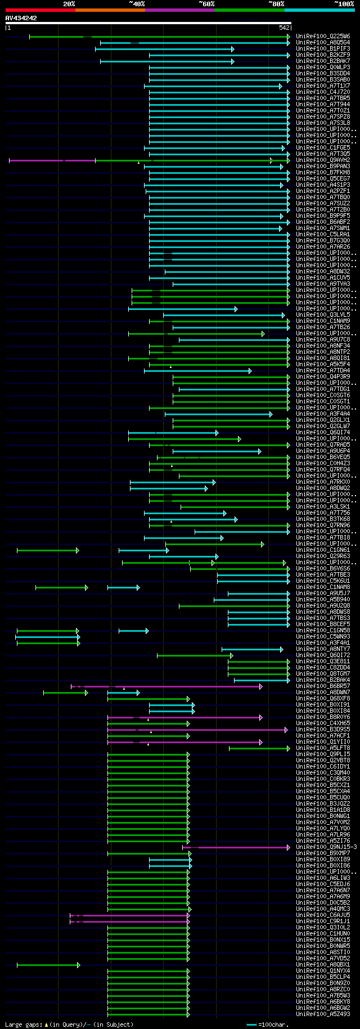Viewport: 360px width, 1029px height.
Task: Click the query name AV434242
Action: point(21,18)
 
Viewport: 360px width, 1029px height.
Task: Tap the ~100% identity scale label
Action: point(344,4)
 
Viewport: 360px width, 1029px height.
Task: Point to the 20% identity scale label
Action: point(69,4)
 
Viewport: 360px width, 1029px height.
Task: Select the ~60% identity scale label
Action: point(206,4)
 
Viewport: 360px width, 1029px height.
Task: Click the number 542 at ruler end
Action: point(284,28)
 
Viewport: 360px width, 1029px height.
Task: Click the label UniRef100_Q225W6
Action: point(323,37)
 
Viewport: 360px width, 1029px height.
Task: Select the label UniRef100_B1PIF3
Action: point(323,49)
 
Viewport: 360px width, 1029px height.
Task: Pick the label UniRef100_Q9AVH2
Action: point(323,160)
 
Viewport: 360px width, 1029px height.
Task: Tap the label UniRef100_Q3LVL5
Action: point(323,315)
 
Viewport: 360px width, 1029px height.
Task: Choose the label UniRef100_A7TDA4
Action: point(323,371)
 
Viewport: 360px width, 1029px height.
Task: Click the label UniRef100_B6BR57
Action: point(323,686)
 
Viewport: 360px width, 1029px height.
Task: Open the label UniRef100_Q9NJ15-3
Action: point(326,847)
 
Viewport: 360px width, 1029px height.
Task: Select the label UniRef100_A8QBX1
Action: point(323,965)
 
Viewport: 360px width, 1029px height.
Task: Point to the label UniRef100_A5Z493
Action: point(323,1014)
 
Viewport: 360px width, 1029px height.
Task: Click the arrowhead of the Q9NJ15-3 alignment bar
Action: point(289,847)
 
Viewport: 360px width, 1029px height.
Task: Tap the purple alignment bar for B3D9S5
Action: point(197,730)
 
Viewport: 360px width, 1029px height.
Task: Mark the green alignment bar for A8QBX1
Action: point(48,965)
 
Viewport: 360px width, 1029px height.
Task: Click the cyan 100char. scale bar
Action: point(251,1024)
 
